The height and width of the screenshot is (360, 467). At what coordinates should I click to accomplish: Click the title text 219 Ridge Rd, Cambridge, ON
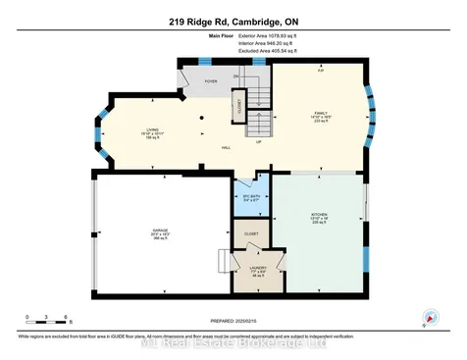click(x=233, y=20)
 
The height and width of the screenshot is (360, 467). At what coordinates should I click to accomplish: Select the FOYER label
click(x=210, y=82)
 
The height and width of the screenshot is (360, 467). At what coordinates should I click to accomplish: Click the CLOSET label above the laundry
click(x=251, y=234)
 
